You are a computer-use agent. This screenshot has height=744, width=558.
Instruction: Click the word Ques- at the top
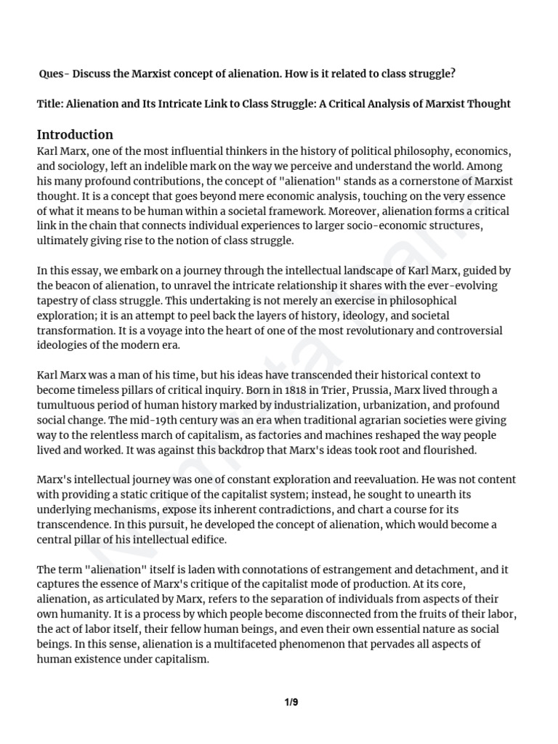pyautogui.click(x=54, y=74)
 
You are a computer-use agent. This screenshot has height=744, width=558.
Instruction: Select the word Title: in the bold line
pyautogui.click(x=50, y=104)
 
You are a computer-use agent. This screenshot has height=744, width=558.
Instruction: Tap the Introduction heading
pyautogui.click(x=75, y=134)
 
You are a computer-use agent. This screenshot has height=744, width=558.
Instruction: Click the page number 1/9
pyautogui.click(x=290, y=702)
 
